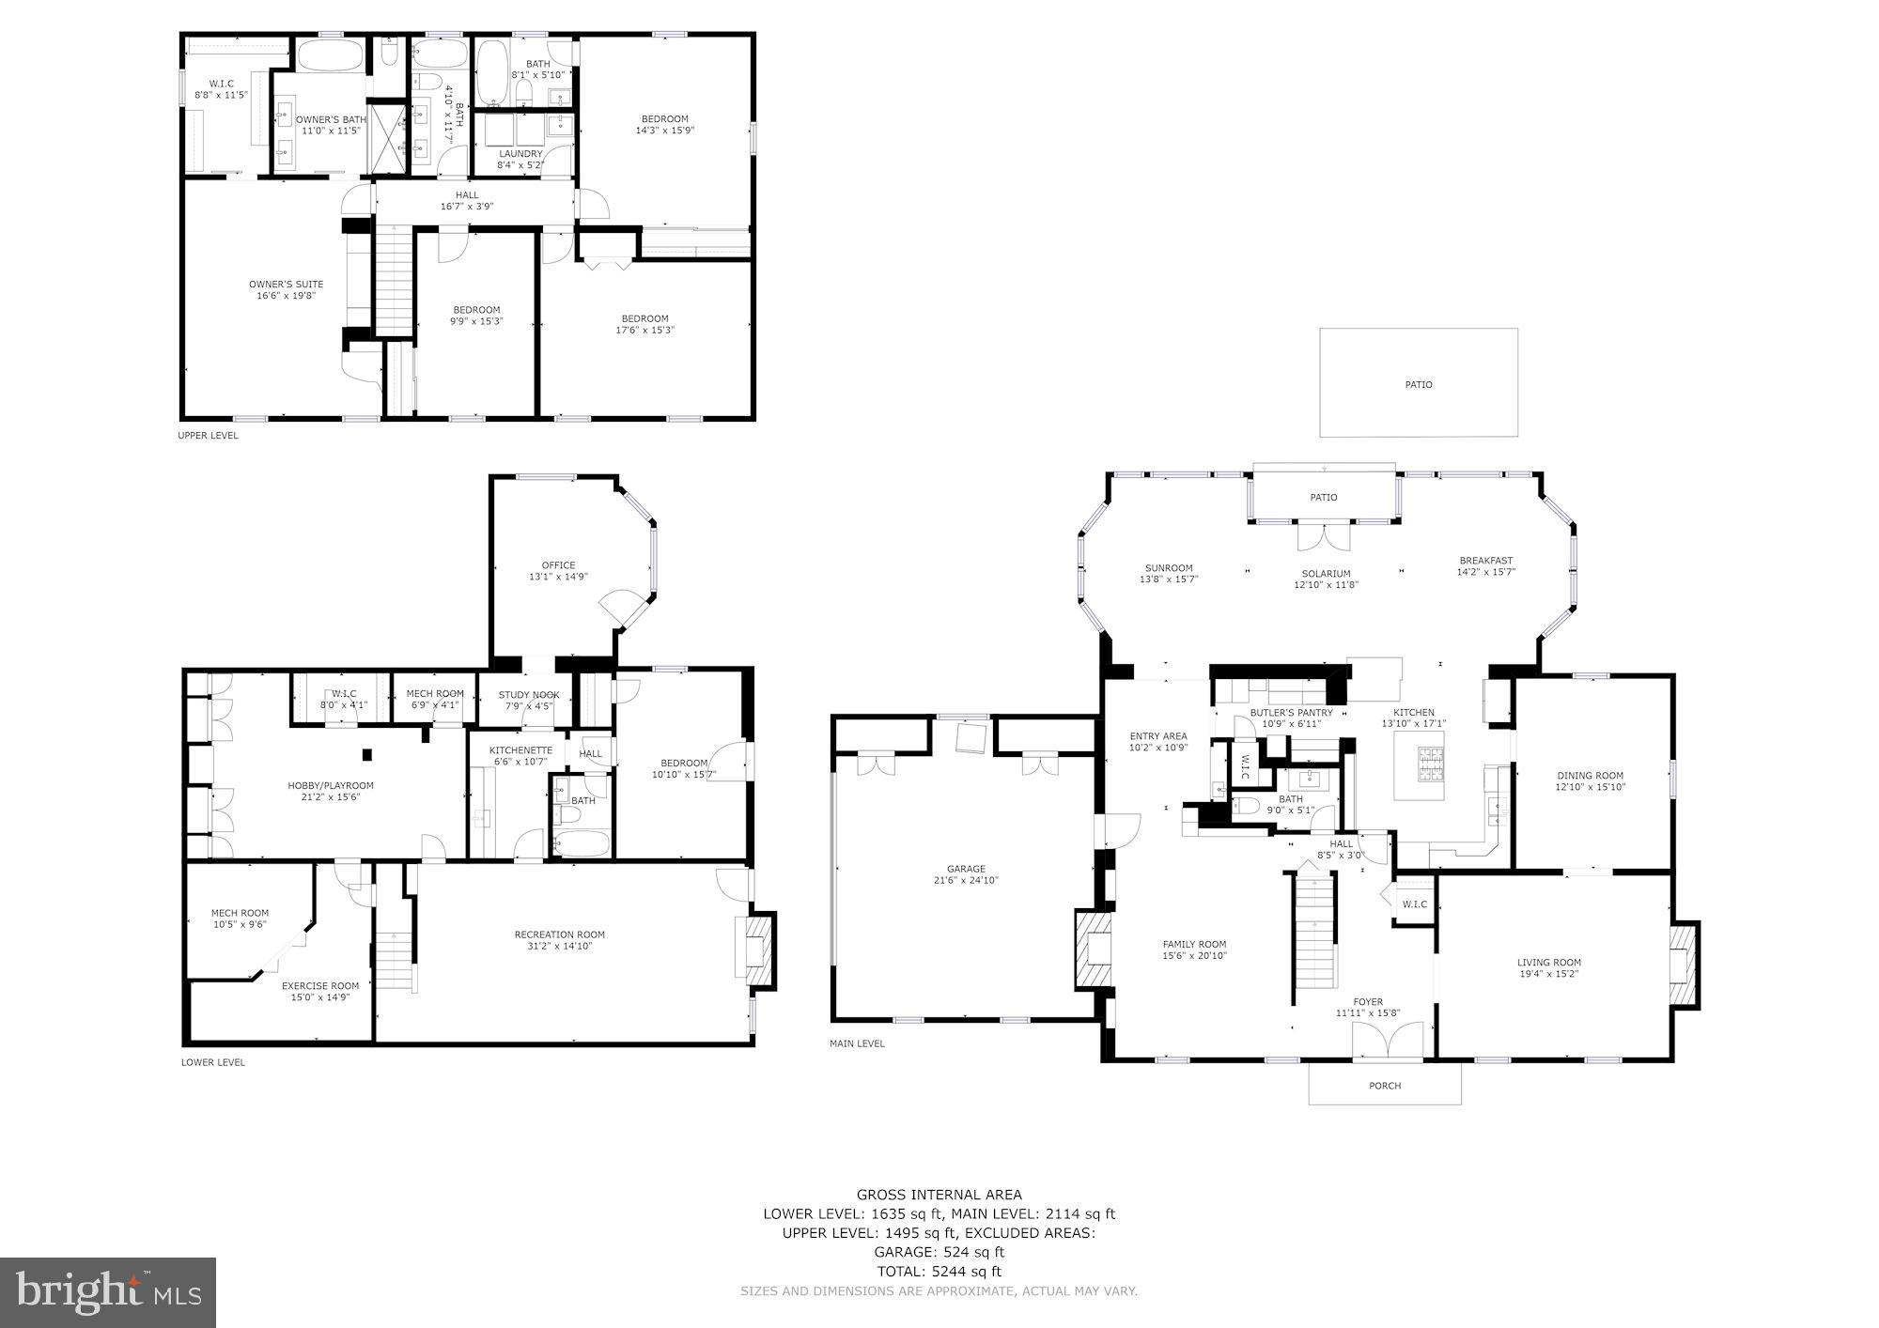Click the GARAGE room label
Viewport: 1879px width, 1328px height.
(x=966, y=869)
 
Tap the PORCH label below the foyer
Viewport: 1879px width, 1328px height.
(x=1385, y=1085)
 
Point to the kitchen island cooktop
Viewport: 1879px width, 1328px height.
(x=1429, y=764)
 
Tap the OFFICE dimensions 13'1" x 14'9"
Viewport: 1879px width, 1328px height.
(x=558, y=577)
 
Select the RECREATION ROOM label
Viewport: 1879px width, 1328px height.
(x=559, y=934)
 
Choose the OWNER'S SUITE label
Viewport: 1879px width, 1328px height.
(x=286, y=285)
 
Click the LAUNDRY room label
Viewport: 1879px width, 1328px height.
(x=520, y=154)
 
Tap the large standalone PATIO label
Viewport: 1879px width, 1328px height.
(x=1419, y=384)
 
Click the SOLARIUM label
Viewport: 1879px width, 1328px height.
(x=1326, y=574)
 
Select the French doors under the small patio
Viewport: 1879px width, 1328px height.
(x=1324, y=536)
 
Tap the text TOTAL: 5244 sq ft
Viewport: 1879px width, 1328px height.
(x=939, y=1272)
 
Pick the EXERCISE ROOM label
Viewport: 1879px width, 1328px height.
(x=320, y=986)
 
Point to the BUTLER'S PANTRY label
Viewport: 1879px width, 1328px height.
(x=1291, y=713)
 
